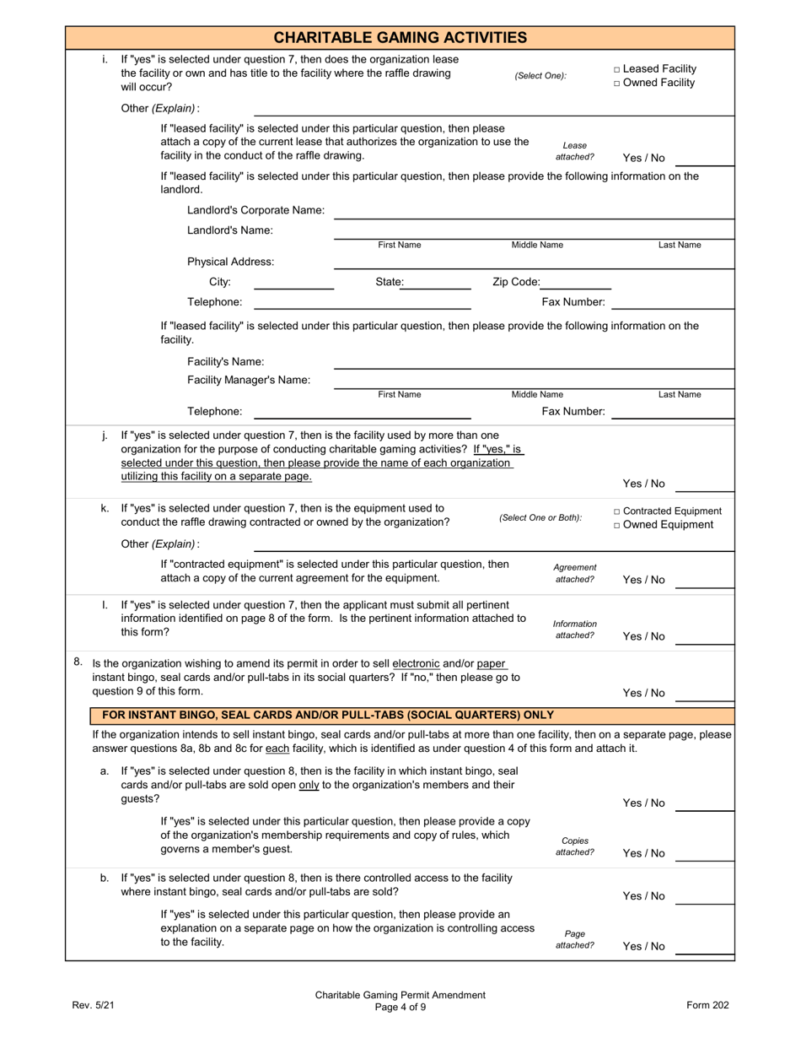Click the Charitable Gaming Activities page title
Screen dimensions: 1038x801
click(x=400, y=37)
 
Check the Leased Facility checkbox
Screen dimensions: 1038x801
click(x=617, y=69)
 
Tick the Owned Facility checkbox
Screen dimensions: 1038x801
click(x=617, y=83)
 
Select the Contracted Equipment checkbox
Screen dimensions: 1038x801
click(x=617, y=511)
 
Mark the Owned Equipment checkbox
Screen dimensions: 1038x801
click(x=617, y=525)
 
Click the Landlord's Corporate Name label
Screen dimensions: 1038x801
click(x=255, y=210)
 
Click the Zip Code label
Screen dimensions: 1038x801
click(x=515, y=282)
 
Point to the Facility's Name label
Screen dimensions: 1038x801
click(x=225, y=362)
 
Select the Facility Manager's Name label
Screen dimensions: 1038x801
click(x=249, y=380)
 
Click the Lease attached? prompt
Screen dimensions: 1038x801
click(x=574, y=151)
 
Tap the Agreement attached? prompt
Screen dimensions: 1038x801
click(x=574, y=573)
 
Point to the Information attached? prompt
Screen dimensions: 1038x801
click(x=574, y=630)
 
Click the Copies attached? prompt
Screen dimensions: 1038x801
click(x=574, y=846)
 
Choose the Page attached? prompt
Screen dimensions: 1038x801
click(x=574, y=939)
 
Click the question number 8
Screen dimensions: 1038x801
click(x=78, y=662)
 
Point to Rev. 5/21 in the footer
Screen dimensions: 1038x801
click(x=93, y=1005)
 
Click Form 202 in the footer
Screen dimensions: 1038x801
click(x=707, y=1005)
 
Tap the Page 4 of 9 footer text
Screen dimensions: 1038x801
click(x=400, y=1007)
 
